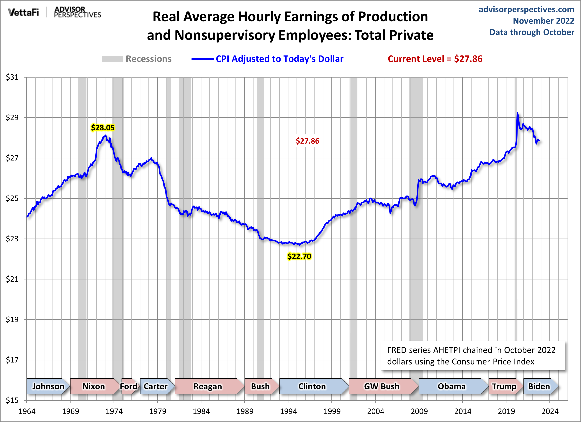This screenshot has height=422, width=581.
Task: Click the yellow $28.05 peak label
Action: [103, 127]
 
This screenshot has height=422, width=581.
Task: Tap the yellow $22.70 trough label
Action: [299, 256]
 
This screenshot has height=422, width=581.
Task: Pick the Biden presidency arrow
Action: [539, 386]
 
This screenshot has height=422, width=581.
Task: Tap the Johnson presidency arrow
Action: [48, 386]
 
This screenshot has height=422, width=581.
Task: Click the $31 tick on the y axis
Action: [12, 77]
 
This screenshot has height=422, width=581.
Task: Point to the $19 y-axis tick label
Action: [12, 319]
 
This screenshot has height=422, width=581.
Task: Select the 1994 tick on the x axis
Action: [288, 411]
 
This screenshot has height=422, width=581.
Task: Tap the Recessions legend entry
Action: [137, 59]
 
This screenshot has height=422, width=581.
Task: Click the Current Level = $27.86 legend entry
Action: [423, 59]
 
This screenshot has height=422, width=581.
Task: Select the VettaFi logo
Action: [23, 12]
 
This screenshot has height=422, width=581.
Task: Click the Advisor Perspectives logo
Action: [77, 12]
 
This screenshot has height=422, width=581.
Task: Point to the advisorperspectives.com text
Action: [526, 9]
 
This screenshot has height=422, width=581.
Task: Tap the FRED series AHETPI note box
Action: [472, 356]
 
